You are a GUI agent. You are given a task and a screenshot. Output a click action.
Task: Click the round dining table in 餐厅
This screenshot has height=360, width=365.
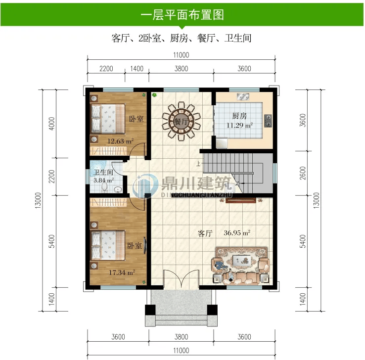[x=182, y=122]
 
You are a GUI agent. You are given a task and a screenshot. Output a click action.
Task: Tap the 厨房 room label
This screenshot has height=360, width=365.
[x=239, y=116]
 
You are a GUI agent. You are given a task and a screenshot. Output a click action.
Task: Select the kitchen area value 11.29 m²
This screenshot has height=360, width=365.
[x=239, y=125]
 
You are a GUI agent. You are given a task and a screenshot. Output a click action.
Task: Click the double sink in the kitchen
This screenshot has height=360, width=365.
[x=243, y=96]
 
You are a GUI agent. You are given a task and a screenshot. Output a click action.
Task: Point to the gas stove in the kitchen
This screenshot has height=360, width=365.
[x=268, y=121]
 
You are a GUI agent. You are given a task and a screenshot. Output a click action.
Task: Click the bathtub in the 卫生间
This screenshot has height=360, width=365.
[x=98, y=166]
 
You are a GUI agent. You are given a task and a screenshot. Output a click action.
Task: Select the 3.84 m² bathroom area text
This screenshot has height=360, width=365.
[x=103, y=180]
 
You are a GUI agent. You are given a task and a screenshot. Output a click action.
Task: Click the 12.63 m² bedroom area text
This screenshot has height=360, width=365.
[x=120, y=141]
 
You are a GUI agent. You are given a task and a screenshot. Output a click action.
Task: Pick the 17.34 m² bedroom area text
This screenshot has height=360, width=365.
[x=122, y=272]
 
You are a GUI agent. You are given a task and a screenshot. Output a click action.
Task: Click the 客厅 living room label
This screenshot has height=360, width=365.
[x=205, y=233]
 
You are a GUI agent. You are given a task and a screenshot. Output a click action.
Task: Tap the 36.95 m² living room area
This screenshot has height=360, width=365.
[x=237, y=233]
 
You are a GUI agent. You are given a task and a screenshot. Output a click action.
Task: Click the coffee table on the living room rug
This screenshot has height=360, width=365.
[x=242, y=260]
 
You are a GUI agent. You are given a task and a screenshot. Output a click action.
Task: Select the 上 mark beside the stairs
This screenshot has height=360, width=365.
[x=198, y=164]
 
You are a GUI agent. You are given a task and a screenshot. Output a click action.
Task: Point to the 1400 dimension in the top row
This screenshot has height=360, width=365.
[x=137, y=69]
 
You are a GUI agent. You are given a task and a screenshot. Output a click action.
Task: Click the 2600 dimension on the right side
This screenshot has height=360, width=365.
[x=303, y=173]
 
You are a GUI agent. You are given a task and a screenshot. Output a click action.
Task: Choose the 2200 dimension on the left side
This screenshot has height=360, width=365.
[x=51, y=177]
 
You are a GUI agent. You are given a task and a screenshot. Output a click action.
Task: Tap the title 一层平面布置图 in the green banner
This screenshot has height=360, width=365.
[x=182, y=15]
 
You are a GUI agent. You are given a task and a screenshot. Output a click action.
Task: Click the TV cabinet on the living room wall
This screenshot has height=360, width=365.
[x=241, y=200]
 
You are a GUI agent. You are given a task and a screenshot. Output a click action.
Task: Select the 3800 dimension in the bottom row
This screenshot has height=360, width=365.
[x=182, y=337]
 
